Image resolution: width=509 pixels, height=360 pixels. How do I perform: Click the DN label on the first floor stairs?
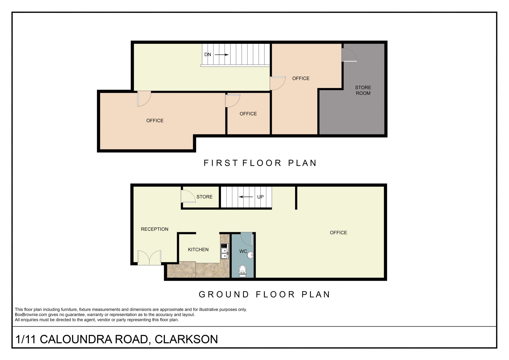coord(208,54)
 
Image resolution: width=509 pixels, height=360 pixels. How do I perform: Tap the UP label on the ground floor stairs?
coord(260,197)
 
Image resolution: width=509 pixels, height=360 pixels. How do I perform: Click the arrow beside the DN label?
coord(222,55)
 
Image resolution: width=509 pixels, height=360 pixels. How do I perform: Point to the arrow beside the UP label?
coord(246,197)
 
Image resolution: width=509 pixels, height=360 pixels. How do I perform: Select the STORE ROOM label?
coord(363,90)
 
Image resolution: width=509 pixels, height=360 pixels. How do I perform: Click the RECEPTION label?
coord(155,229)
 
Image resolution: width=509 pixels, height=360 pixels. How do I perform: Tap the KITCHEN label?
coord(198,249)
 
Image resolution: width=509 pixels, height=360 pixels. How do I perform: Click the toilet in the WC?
coord(243,271)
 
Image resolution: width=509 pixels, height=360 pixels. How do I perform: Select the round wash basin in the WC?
coord(250,255)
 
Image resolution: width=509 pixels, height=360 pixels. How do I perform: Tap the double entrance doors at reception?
coord(150,257)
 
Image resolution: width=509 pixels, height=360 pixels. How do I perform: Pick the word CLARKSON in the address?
coord(186,339)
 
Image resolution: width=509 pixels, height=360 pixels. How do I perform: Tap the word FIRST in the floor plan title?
coord(221,163)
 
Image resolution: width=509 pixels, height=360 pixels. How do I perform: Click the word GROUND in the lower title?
coord(224,294)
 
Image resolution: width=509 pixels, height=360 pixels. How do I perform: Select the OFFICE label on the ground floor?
coord(338,233)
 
